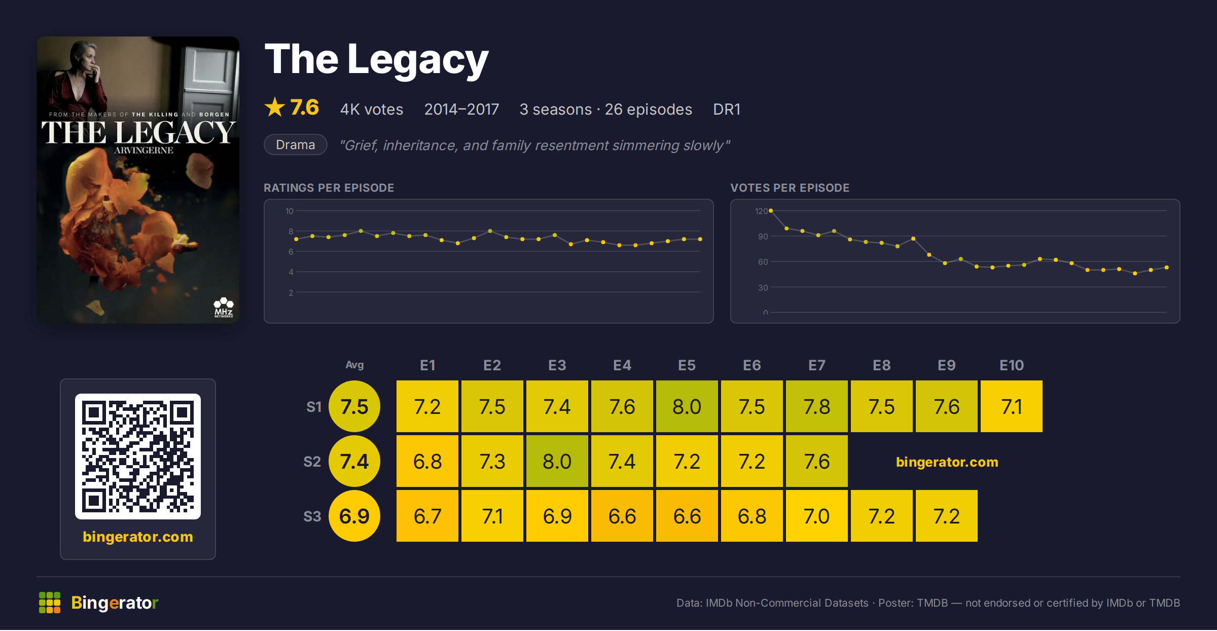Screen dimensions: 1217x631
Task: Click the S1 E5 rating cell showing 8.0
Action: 687,406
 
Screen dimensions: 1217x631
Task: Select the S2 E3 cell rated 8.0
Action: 557,461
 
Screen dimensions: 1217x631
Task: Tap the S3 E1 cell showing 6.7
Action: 427,516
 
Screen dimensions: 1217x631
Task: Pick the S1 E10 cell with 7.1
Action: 1012,406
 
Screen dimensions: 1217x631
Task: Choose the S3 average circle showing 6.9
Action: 354,516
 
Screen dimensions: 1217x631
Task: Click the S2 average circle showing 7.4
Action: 354,461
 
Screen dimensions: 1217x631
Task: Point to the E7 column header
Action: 817,365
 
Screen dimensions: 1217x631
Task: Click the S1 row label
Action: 314,407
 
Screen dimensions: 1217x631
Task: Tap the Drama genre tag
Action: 296,145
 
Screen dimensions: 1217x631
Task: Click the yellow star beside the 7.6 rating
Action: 275,107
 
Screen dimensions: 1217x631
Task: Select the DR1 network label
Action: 727,109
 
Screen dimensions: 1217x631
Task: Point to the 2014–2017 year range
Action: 461,109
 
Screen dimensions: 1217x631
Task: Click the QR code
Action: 138,457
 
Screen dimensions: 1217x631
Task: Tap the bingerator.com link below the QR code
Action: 138,537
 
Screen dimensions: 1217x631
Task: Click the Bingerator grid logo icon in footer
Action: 50,603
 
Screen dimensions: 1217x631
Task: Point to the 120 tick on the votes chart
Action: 761,211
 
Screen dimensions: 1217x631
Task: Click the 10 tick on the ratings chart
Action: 289,211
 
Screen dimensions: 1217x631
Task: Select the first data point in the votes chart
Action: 771,211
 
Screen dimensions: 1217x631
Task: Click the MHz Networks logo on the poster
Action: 224,308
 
